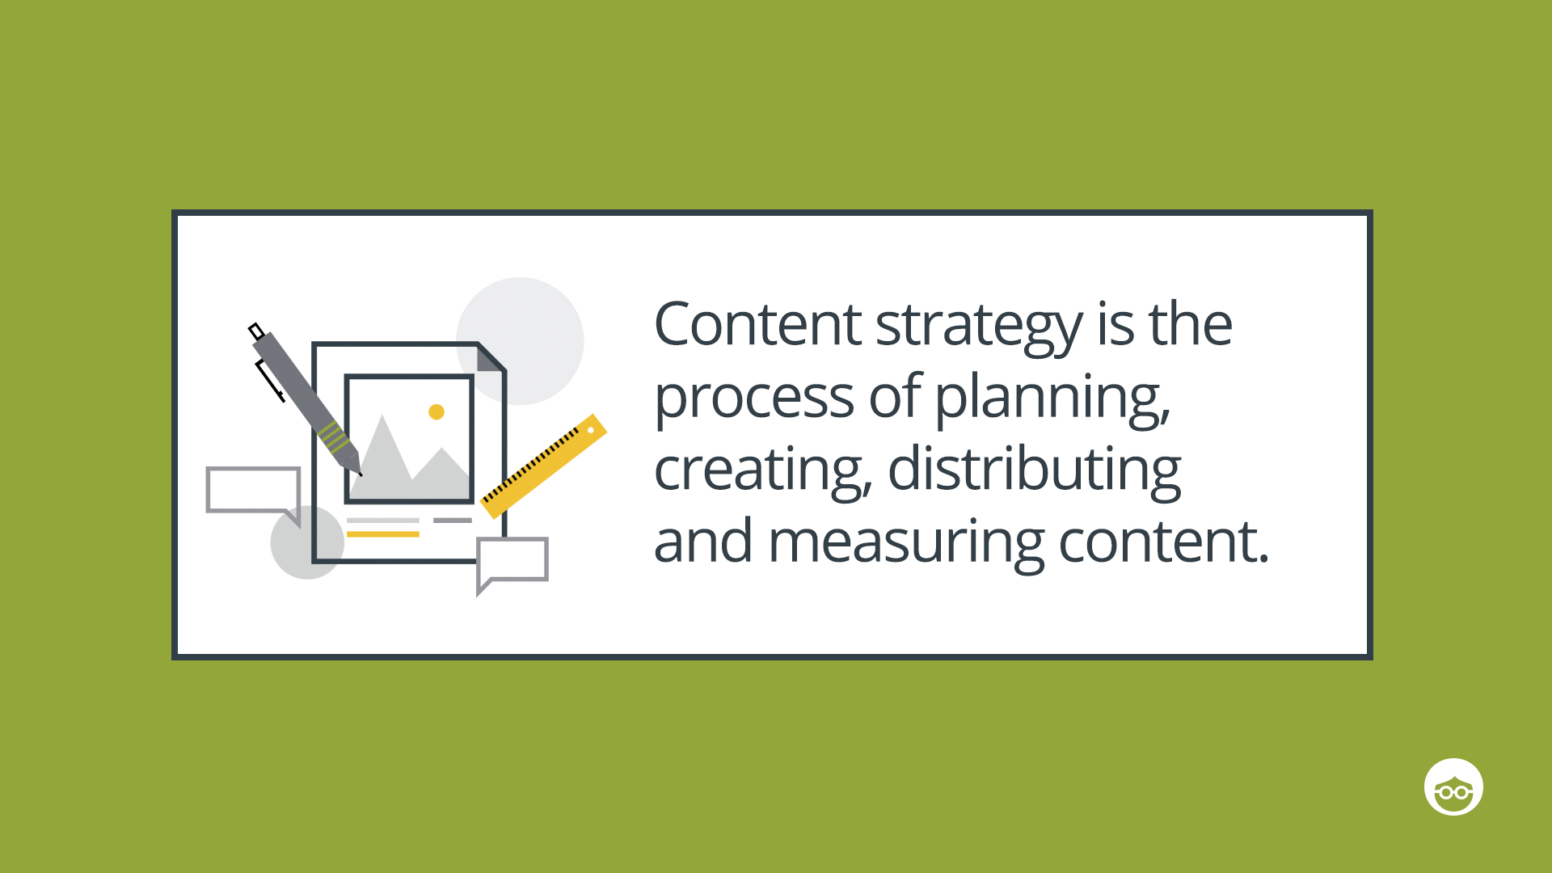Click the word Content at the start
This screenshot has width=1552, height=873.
click(x=757, y=324)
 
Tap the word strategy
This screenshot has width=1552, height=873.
click(x=978, y=327)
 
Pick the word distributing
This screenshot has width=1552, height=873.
click(x=1034, y=469)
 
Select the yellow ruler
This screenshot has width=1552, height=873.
click(x=543, y=466)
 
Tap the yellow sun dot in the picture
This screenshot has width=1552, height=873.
click(x=436, y=412)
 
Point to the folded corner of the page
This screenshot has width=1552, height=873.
click(x=490, y=357)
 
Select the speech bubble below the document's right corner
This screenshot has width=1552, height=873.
click(x=512, y=559)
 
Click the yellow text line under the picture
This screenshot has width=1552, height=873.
click(x=382, y=534)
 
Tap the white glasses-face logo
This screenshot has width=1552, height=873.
click(x=1453, y=787)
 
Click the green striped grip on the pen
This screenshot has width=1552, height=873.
click(x=334, y=436)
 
